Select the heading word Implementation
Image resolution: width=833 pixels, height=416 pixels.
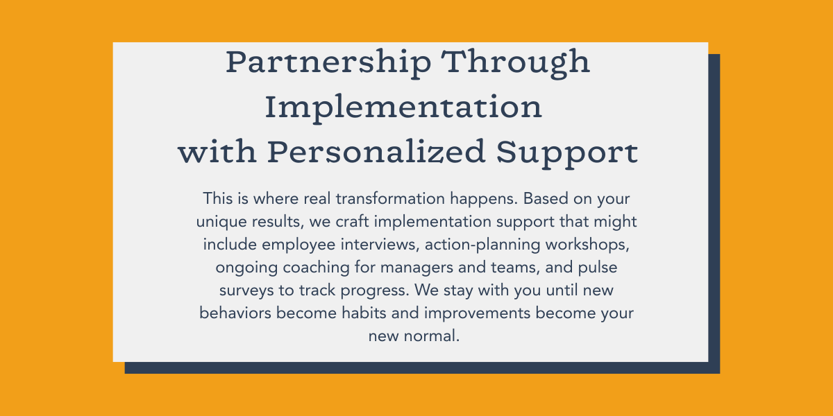[403, 108]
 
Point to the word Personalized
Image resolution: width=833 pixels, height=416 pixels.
[376, 153]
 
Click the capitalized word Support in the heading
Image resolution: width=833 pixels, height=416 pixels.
[567, 153]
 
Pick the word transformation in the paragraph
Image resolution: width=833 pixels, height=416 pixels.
[390, 199]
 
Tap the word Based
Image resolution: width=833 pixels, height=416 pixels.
[546, 199]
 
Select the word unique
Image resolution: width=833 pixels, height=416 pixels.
[221, 223]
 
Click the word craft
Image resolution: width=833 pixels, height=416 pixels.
[352, 221]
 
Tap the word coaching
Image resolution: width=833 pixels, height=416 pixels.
[316, 268]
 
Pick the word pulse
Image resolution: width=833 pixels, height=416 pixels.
[598, 268]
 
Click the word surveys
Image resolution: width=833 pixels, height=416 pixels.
[246, 291]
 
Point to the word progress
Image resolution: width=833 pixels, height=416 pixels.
[375, 291]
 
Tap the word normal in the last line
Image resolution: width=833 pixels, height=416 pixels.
[431, 336]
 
